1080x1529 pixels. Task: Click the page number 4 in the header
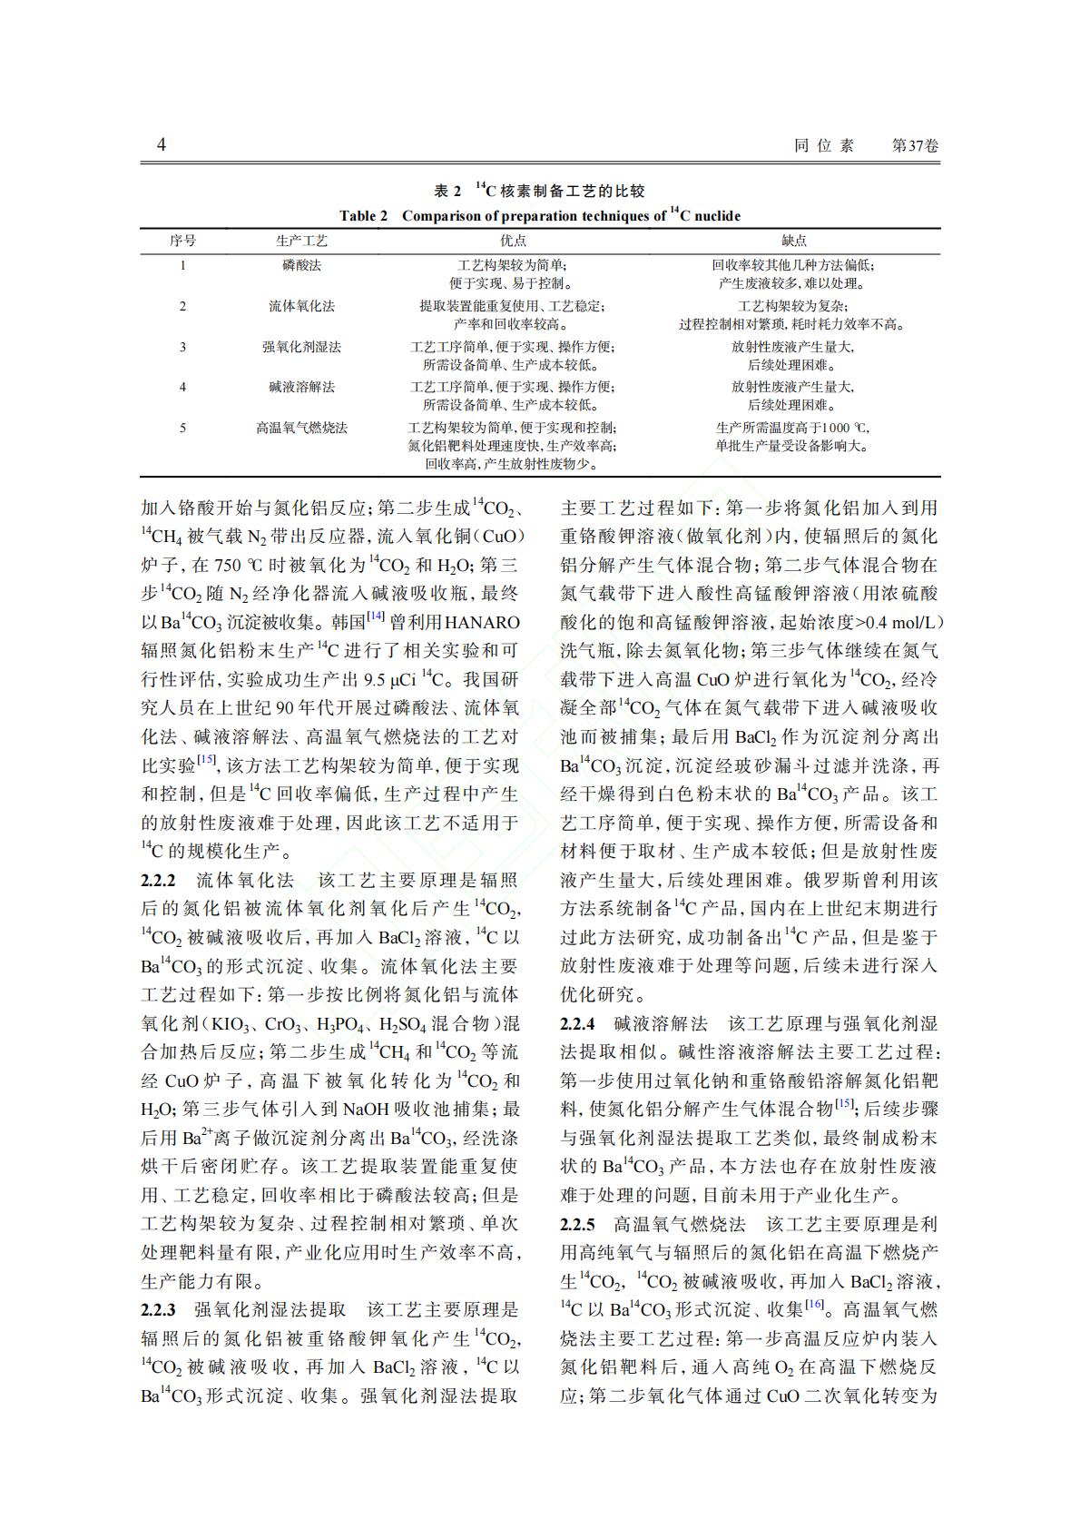(162, 145)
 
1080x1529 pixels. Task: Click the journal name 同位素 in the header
(824, 146)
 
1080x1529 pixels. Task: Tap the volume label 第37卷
(916, 146)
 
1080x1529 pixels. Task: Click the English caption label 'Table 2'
(363, 216)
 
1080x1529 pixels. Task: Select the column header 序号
(182, 241)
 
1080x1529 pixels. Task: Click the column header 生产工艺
(301, 241)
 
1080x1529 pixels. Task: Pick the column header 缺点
(794, 241)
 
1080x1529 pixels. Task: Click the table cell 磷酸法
(301, 266)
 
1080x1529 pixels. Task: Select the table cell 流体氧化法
(301, 306)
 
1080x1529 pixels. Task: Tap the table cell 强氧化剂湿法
(301, 347)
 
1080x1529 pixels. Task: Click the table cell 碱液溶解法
(301, 387)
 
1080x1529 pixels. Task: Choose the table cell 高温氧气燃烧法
(301, 428)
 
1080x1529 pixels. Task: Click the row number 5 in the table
(182, 428)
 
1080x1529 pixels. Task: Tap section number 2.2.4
(577, 1024)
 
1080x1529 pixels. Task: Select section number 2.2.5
(577, 1225)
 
